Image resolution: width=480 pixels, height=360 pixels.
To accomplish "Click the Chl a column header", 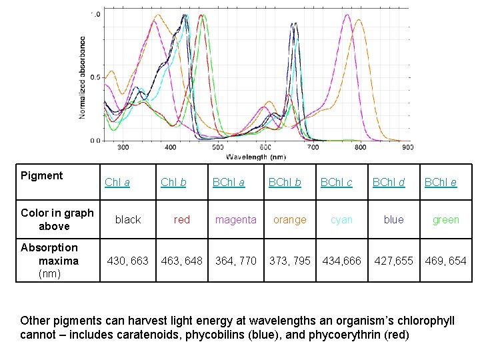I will tap(117, 183).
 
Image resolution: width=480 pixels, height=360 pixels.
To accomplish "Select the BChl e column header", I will tap(441, 183).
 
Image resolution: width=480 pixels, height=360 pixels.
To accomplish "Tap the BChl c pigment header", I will tap(336, 183).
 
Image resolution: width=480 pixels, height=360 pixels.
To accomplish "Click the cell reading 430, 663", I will tap(128, 261).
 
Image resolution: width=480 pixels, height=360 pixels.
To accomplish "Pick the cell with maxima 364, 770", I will tap(235, 261).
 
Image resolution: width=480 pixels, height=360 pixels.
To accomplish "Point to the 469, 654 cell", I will tap(445, 261).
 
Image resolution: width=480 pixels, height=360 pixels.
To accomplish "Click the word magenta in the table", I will tap(235, 219).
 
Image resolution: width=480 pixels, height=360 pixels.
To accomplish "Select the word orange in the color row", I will tap(290, 219).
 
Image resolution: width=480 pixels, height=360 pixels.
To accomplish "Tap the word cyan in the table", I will tap(341, 219).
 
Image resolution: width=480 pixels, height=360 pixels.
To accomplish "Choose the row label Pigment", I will tap(41, 175).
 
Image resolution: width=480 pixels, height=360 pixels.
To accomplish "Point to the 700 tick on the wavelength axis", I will tap(313, 147).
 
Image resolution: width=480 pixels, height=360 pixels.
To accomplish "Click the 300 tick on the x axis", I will tap(123, 147).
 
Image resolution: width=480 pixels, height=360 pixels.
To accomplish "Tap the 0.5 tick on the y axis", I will tap(95, 77).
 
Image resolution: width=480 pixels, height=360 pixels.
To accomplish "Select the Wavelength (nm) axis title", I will tap(256, 157).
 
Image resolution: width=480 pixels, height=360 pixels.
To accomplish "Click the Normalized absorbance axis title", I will tap(83, 77).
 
